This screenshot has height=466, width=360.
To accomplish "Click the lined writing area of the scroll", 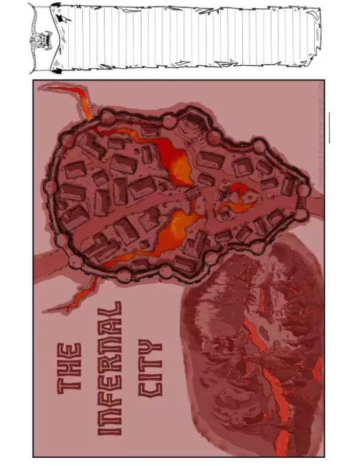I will [188, 36].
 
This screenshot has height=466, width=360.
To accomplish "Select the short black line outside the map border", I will [329, 127].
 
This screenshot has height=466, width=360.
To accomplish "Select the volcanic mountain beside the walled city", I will [253, 347].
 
